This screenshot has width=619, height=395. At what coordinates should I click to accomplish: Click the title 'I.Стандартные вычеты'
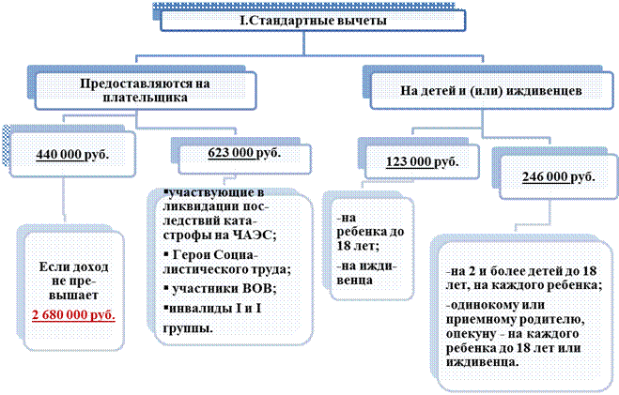313,20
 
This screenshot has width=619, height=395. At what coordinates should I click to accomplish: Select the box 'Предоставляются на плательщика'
146,91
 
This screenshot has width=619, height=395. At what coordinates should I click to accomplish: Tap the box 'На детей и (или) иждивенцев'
491,91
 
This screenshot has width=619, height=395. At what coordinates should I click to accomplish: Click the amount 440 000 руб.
72,154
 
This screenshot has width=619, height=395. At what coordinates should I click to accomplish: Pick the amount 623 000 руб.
244,153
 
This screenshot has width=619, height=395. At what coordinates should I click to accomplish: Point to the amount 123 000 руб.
423,161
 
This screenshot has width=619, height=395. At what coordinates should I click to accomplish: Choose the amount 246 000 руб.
559,176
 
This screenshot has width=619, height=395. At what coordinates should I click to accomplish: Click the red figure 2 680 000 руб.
73,315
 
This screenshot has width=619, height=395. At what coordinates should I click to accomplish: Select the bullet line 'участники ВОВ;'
220,289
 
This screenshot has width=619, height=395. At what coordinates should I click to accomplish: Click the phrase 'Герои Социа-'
210,254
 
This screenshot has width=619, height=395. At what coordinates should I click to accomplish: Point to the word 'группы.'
188,328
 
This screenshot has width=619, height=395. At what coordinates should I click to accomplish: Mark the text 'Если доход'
73,266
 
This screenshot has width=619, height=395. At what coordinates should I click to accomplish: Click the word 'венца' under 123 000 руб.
354,281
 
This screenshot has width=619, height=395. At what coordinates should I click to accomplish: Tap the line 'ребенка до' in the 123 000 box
370,232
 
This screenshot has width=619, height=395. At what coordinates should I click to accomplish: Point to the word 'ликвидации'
195,206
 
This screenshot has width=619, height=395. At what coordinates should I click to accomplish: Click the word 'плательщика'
146,98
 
